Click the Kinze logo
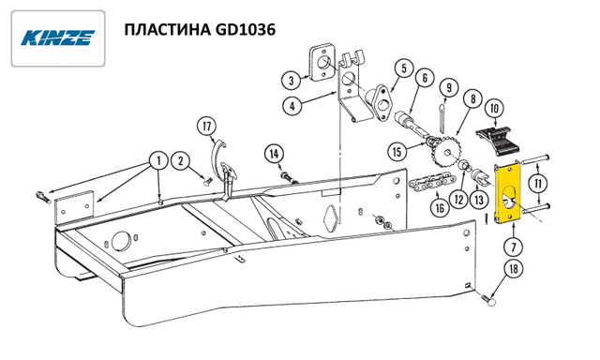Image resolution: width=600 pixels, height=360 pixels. (58, 38)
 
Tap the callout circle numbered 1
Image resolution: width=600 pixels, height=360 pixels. (158, 161)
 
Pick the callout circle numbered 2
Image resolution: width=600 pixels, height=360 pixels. (181, 160)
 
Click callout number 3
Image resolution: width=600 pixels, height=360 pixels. (292, 81)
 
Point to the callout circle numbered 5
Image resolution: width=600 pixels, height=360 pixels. (404, 68)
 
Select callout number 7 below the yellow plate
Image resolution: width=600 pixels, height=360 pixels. (514, 247)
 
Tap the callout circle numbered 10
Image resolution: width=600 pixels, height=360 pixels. (494, 109)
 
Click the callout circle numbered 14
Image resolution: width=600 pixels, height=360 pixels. (274, 154)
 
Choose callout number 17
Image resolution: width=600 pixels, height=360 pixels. (207, 127)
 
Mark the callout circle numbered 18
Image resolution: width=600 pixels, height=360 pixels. (514, 269)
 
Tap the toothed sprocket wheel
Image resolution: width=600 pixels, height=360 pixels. (445, 153)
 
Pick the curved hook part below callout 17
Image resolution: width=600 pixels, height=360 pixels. (217, 153)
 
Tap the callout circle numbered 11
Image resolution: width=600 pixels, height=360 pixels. (538, 184)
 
